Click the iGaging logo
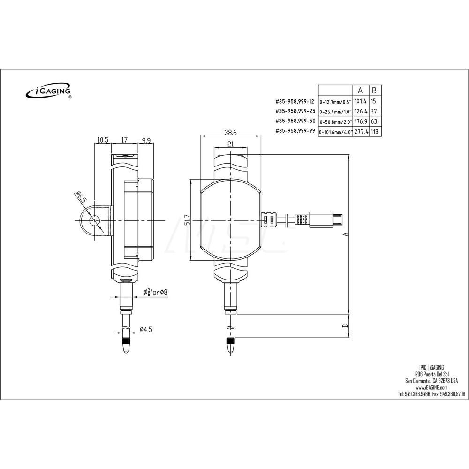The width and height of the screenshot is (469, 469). pyautogui.click(x=48, y=91)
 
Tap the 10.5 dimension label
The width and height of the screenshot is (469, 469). pyautogui.click(x=103, y=140)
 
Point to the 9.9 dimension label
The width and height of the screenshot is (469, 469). pyautogui.click(x=145, y=140)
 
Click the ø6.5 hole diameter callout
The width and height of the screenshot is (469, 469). pyautogui.click(x=80, y=197)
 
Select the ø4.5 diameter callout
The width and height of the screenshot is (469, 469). pyautogui.click(x=146, y=330)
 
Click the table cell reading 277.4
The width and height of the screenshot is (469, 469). pyautogui.click(x=360, y=132)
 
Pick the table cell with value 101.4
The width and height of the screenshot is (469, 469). pyautogui.click(x=360, y=101)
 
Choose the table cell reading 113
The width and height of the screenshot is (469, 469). pyautogui.click(x=375, y=132)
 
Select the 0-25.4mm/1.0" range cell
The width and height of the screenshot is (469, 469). pyautogui.click(x=335, y=112)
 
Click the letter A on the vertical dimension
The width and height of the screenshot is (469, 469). pyautogui.click(x=345, y=234)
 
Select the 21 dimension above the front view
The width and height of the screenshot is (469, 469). pyautogui.click(x=230, y=144)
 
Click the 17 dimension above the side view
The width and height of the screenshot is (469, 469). pyautogui.click(x=125, y=140)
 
